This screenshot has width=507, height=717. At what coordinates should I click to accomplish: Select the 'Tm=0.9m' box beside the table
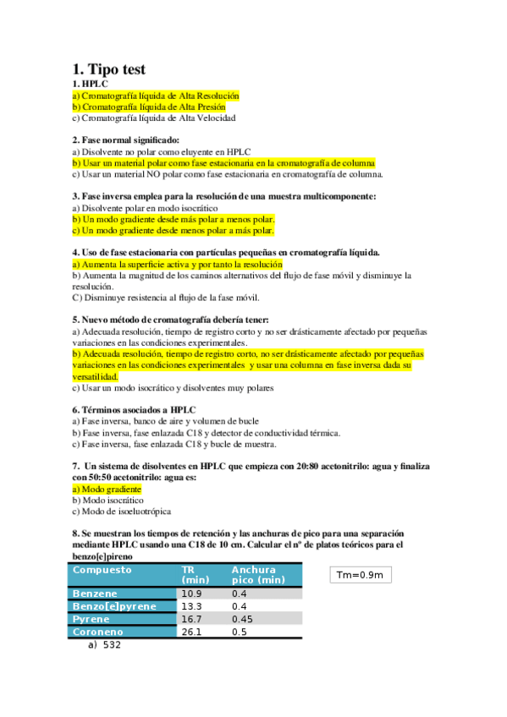tap(360, 576)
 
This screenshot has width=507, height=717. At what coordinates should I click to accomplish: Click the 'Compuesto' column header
tap(102, 569)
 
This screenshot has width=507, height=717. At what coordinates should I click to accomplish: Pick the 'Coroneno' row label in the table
tap(98, 632)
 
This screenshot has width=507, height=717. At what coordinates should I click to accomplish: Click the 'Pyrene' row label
tap(91, 619)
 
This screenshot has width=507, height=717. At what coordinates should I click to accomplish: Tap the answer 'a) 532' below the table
tap(104, 645)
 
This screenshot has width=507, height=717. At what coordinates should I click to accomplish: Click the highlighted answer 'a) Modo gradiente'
tap(107, 489)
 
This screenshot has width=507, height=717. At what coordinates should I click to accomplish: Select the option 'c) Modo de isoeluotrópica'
tap(122, 511)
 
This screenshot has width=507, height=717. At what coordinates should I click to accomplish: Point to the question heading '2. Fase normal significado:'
tap(126, 140)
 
